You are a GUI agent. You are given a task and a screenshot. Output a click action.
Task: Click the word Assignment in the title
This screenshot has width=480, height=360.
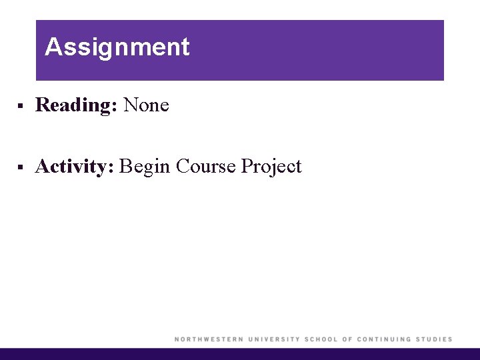click(x=117, y=47)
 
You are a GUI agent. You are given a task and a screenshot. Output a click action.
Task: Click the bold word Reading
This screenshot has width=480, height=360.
click(x=72, y=105)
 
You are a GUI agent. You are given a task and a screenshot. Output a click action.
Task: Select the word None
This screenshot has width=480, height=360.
click(x=146, y=105)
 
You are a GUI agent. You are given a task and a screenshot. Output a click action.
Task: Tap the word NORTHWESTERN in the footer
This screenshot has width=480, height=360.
click(x=208, y=339)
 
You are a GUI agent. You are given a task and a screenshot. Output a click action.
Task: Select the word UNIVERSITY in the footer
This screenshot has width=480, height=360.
click(x=273, y=339)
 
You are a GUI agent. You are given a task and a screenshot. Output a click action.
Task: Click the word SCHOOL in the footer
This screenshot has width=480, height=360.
click(x=321, y=339)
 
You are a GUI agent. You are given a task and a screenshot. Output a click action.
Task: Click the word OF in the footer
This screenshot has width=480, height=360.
click(x=347, y=339)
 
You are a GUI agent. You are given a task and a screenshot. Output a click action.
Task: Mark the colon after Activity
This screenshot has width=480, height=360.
click(x=112, y=168)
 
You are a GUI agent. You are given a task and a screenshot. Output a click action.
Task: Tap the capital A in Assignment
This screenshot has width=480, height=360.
click(x=53, y=47)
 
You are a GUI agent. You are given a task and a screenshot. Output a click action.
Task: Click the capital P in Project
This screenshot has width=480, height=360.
click(x=246, y=166)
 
